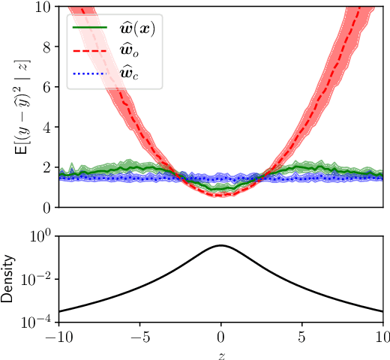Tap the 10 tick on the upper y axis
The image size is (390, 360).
click(43, 7)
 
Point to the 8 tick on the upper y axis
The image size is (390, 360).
click(46, 47)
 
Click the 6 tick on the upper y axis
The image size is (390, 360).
click(46, 87)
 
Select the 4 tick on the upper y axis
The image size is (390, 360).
click(46, 127)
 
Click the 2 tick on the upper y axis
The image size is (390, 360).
click(46, 167)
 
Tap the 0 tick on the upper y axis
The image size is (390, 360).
click(46, 207)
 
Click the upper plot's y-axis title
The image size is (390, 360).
click(20, 107)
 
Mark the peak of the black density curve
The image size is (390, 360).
click(220, 245)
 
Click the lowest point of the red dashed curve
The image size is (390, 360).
click(220, 196)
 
